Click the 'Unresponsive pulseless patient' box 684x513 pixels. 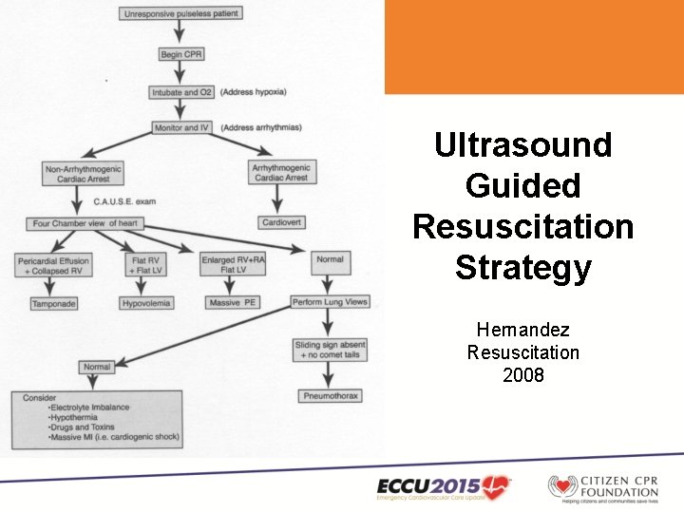coord(181,14)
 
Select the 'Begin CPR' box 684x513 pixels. coord(181,54)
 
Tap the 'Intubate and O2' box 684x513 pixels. coord(182,92)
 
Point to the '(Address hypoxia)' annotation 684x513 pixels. coord(254,92)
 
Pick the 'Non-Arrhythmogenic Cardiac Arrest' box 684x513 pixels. coord(84,174)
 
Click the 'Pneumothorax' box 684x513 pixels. coord(330,395)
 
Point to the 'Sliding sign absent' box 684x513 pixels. coord(329,349)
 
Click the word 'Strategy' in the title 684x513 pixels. coord(522,267)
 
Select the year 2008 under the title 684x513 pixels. coord(522,374)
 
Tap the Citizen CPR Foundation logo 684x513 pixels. coord(601,485)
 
